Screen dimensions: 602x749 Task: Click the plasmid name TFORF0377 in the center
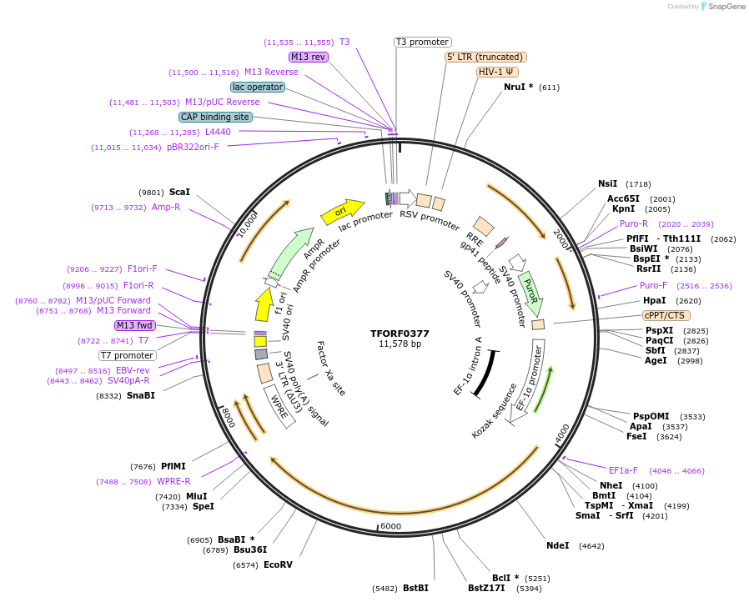[x=400, y=334]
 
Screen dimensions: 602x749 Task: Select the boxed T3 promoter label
[x=422, y=42]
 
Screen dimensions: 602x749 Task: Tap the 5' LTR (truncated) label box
[x=485, y=57]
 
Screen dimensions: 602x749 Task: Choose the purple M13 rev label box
[x=309, y=57]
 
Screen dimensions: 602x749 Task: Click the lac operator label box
[x=258, y=87]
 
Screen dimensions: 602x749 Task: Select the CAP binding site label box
[x=215, y=117]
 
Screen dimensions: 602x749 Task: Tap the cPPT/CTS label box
[x=664, y=315]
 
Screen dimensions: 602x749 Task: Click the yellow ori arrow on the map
[x=342, y=212]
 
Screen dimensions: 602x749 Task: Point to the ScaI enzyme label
[x=179, y=192]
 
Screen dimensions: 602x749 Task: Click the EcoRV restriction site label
[x=278, y=564]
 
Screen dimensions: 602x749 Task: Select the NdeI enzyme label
[x=557, y=545]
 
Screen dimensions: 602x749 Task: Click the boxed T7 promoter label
[x=128, y=355]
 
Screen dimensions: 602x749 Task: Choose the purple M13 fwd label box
[x=135, y=325]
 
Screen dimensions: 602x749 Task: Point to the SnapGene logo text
[x=725, y=7]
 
